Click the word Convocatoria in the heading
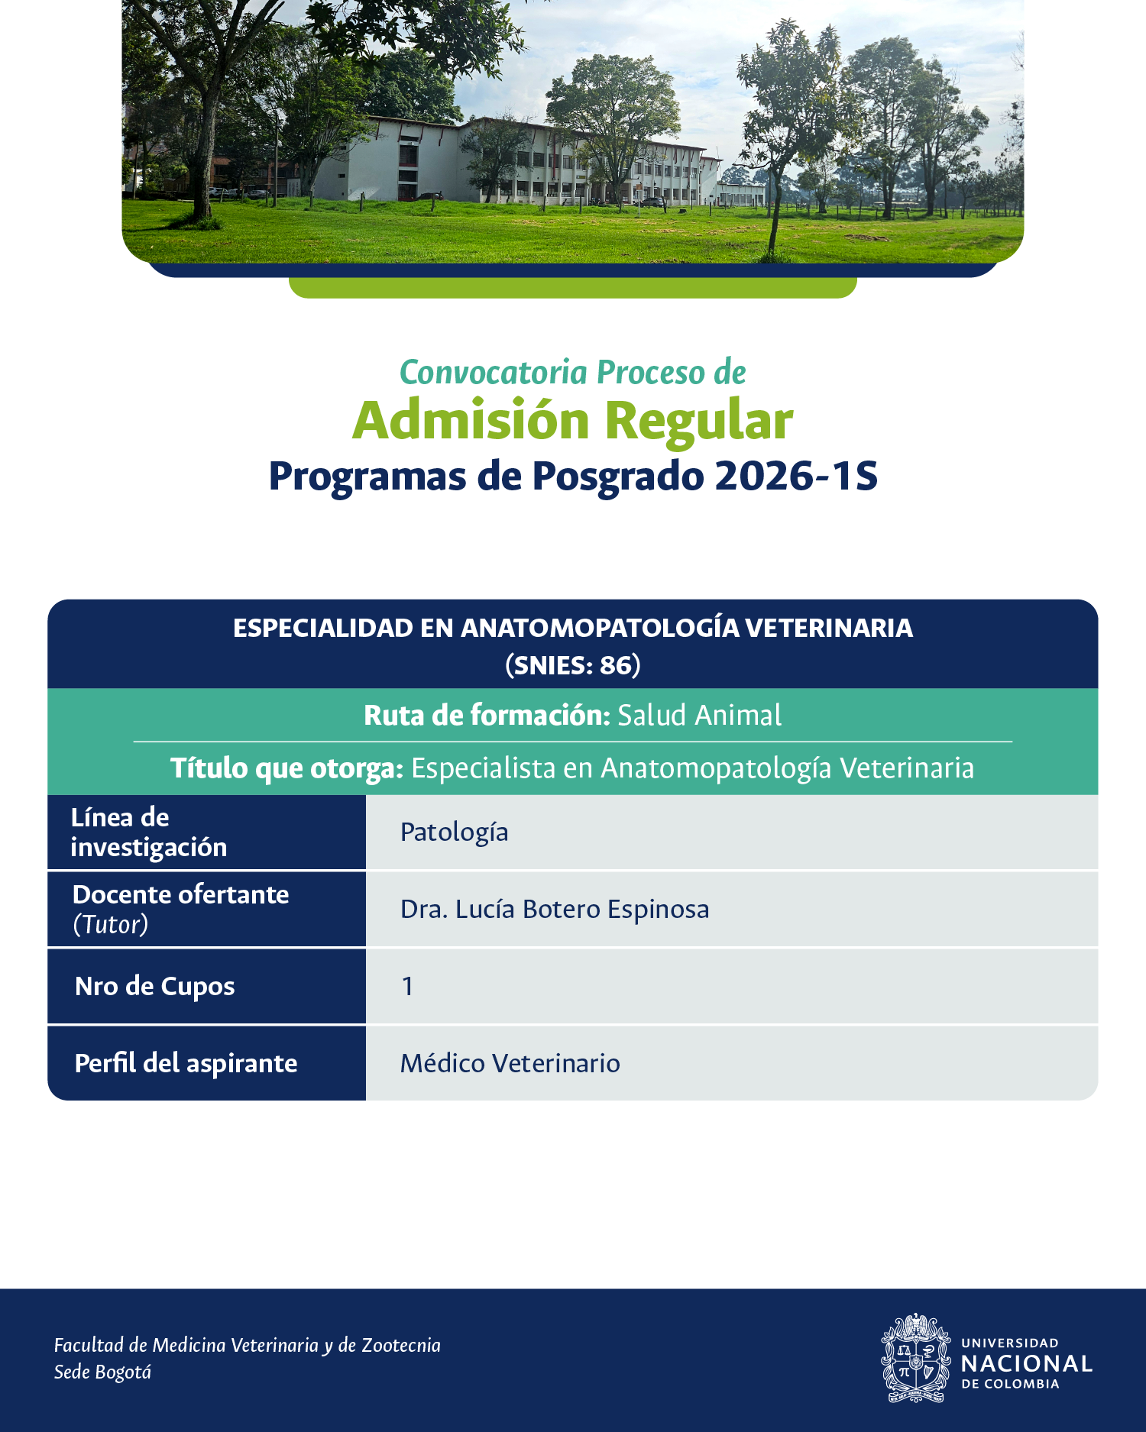click(x=494, y=373)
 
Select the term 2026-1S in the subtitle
click(x=796, y=476)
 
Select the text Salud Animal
click(x=699, y=716)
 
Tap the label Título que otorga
click(x=286, y=768)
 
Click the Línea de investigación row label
click(x=149, y=832)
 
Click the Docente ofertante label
click(x=181, y=894)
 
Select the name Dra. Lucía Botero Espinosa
click(x=555, y=910)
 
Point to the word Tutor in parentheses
click(x=111, y=924)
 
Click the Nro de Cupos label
click(x=155, y=987)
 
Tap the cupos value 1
click(x=408, y=987)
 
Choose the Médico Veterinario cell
click(x=510, y=1063)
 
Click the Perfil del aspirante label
click(x=186, y=1064)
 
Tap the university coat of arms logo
click(x=915, y=1358)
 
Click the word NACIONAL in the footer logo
click(x=1027, y=1364)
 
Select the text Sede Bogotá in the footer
click(x=102, y=1372)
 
